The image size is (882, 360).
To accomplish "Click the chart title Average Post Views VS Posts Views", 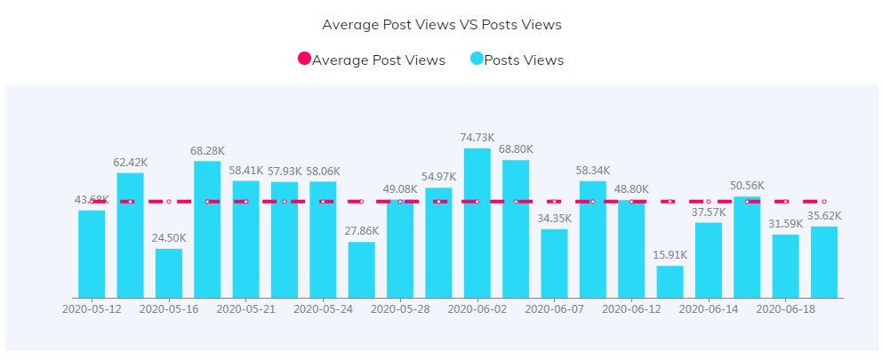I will tap(441, 25).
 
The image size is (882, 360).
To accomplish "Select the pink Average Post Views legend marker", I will tap(304, 60).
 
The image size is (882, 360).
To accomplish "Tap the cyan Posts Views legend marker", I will tap(477, 60).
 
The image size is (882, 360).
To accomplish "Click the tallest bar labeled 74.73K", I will tap(477, 223).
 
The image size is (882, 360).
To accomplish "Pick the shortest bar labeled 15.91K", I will tap(670, 282).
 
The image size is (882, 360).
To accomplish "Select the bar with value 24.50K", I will tap(169, 273).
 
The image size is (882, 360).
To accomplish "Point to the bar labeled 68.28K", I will tap(207, 229).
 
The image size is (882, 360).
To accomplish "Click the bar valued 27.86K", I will tap(361, 269).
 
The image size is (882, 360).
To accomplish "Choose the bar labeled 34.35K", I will tap(554, 263).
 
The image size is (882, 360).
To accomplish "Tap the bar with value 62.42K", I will tap(130, 236).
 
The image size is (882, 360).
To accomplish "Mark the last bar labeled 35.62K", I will tap(824, 262).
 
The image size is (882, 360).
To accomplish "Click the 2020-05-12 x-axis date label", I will tap(92, 309).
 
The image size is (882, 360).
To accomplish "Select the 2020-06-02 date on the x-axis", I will tap(477, 309).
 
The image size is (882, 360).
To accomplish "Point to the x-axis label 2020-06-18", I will tap(785, 309).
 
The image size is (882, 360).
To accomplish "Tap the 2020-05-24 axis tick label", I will tap(323, 309).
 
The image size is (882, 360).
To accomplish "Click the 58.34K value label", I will tap(592, 171).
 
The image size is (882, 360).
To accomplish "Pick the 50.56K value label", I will tap(747, 186).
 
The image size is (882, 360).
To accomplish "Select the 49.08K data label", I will tap(400, 189).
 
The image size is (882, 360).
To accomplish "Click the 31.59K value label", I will tap(785, 224).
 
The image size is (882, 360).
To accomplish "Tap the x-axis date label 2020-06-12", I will tap(631, 309).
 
